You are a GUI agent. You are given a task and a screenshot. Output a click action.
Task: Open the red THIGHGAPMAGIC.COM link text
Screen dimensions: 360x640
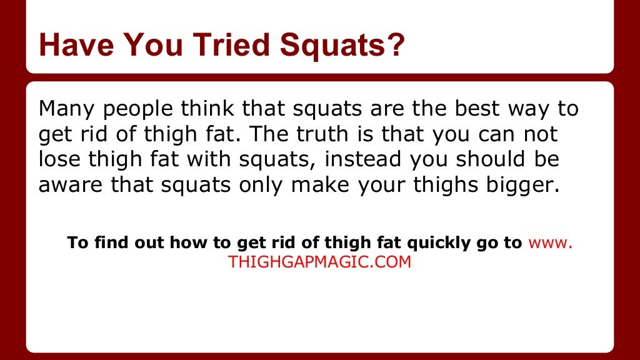[320, 262]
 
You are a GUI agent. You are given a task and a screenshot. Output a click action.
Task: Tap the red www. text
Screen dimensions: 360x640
[550, 242]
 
